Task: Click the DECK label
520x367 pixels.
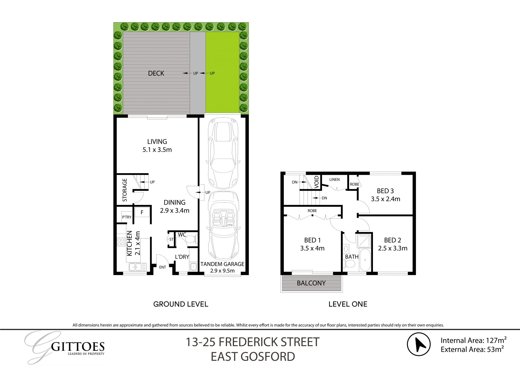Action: point(156,73)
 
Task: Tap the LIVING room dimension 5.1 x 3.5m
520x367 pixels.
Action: point(157,149)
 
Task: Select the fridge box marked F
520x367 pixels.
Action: point(142,212)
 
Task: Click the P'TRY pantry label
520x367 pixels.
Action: point(126,217)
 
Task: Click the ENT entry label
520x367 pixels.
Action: point(162,267)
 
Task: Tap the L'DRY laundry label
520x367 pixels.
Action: point(182,257)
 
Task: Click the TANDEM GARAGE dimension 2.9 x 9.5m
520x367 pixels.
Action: point(222,271)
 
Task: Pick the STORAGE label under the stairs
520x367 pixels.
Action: point(125,190)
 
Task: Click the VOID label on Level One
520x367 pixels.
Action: point(317,182)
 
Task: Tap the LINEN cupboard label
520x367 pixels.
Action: point(334,179)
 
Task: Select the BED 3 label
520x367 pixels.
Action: point(385,191)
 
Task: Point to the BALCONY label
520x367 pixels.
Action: point(311,283)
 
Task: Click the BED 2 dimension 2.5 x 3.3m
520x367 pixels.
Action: point(392,248)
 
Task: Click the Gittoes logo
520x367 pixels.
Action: point(65,348)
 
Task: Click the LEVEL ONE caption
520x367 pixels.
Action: point(348,304)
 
